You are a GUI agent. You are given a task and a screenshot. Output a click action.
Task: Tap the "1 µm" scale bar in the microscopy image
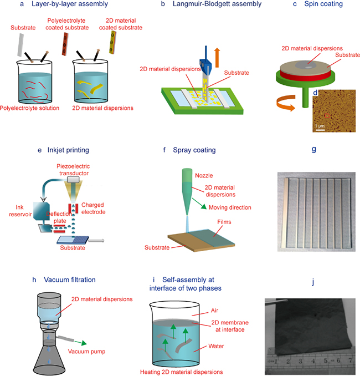coord(320,126)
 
